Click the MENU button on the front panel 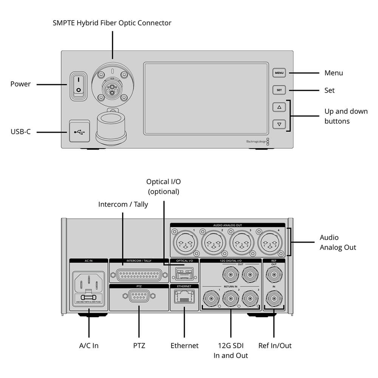click(x=279, y=73)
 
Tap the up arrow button click(x=279, y=107)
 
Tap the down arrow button click(x=279, y=124)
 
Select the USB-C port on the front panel click(x=79, y=132)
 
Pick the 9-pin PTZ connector click(x=138, y=297)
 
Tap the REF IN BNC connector click(x=273, y=299)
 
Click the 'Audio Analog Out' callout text click(x=338, y=242)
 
